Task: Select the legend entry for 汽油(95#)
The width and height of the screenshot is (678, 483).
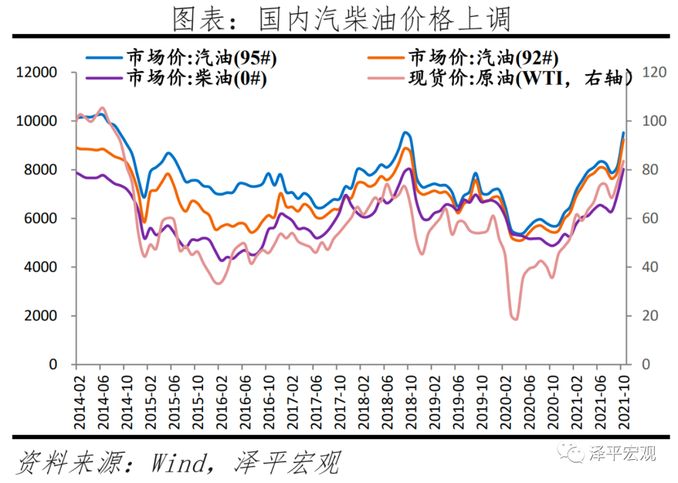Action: click(x=201, y=58)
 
